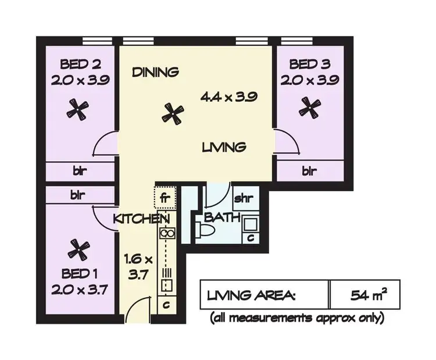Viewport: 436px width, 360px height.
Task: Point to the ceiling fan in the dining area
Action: click(x=172, y=113)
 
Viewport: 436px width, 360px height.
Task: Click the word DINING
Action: click(x=155, y=73)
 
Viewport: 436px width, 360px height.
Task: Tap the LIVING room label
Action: click(x=224, y=148)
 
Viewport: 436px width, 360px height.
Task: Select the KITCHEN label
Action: click(x=141, y=219)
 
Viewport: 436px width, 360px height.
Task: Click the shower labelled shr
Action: click(x=242, y=198)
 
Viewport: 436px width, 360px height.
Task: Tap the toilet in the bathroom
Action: click(x=207, y=231)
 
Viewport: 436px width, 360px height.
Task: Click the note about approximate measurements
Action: click(x=297, y=318)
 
